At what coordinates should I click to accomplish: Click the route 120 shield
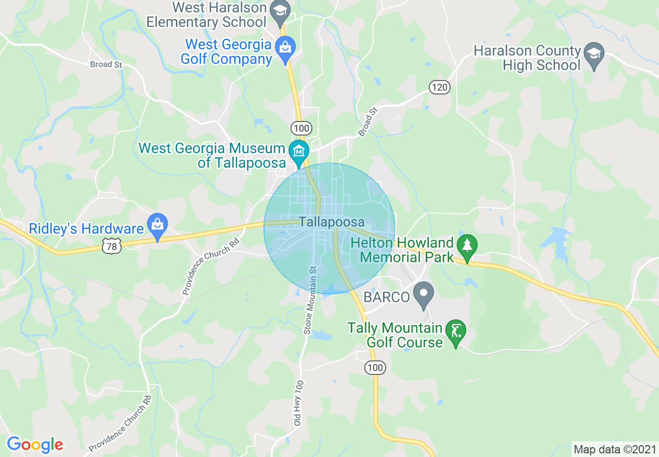tap(440, 87)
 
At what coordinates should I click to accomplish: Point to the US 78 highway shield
tap(112, 246)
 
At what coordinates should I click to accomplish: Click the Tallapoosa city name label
tap(332, 222)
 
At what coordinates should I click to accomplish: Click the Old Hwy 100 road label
tap(298, 403)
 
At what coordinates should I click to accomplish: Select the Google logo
tap(35, 445)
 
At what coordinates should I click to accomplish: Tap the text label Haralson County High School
tap(527, 58)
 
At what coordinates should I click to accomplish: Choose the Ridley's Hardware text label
tap(86, 229)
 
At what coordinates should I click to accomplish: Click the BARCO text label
tap(387, 297)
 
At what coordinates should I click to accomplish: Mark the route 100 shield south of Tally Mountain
tap(375, 368)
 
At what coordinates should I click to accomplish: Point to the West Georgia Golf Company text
tap(226, 52)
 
